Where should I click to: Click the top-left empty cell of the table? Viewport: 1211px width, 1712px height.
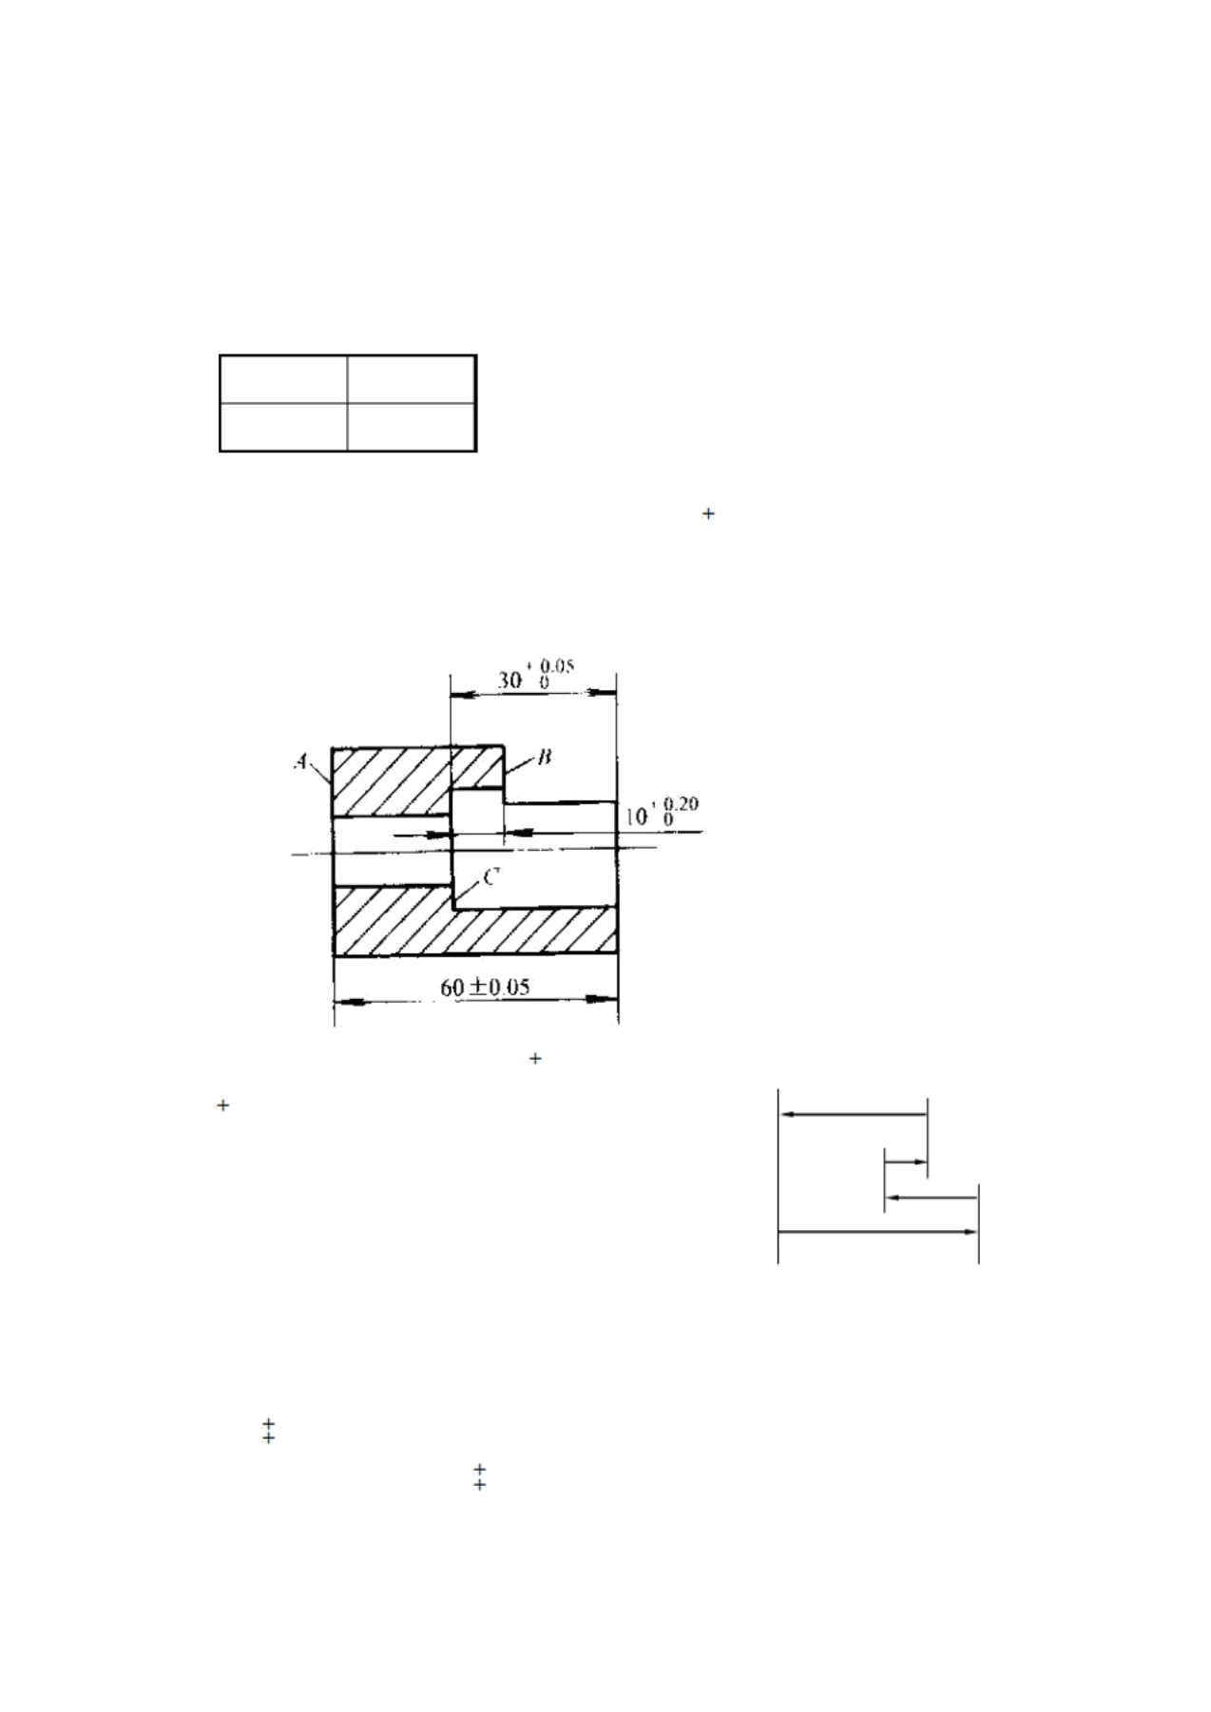click(284, 380)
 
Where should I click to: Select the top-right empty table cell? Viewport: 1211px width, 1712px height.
click(411, 380)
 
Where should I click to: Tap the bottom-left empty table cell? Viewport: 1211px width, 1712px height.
click(284, 425)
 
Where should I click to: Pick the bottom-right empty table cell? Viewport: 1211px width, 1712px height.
click(411, 425)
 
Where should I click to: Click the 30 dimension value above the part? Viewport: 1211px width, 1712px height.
click(510, 681)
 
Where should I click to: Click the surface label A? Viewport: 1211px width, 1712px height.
click(301, 761)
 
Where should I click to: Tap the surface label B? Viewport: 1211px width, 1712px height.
click(545, 757)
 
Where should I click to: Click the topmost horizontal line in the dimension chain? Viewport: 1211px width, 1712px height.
click(853, 1114)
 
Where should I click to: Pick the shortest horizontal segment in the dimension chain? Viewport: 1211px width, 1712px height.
click(906, 1163)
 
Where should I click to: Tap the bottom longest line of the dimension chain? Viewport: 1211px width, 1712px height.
click(877, 1232)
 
